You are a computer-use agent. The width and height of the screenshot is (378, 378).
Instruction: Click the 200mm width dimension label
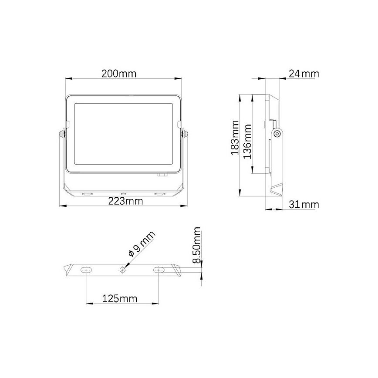coord(119,74)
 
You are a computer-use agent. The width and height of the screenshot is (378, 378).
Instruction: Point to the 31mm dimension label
coord(304,204)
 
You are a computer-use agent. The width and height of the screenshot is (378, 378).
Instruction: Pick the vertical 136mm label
coord(247,142)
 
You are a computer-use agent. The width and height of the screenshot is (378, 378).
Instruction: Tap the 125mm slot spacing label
coord(119,298)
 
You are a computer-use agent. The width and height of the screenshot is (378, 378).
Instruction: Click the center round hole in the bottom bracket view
coord(123,270)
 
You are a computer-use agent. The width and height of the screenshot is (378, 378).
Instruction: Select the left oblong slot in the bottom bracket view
coord(86,270)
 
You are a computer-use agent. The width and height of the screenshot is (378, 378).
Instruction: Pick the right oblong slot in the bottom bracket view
coord(159,270)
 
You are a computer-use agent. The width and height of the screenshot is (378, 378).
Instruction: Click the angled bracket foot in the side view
coord(276,190)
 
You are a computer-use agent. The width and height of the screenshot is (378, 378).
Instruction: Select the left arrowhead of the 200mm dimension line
coord(68,79)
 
